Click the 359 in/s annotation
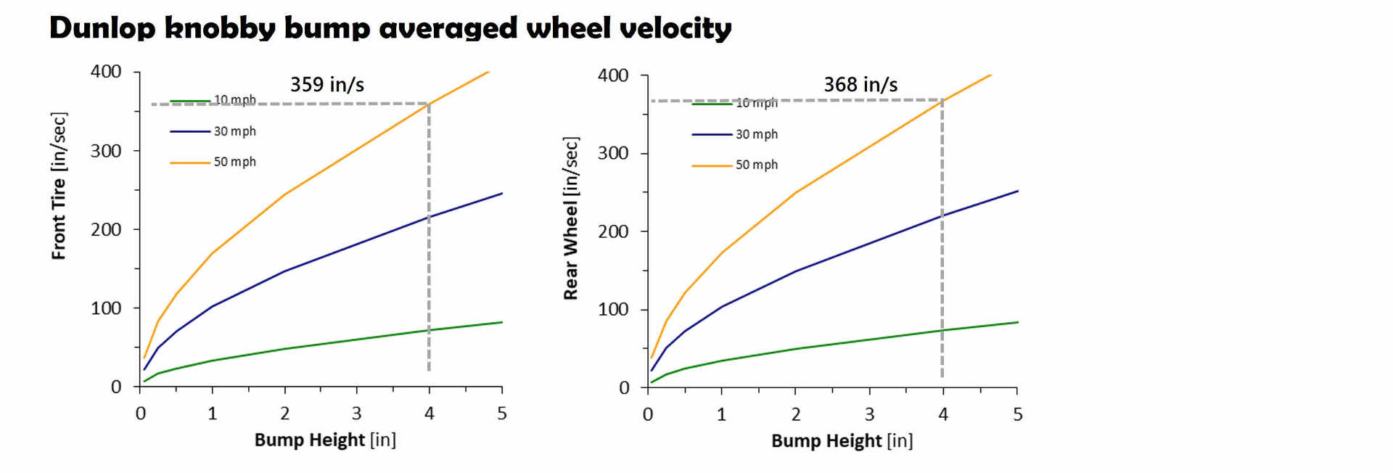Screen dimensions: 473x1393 327,85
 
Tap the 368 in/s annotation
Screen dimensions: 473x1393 860,85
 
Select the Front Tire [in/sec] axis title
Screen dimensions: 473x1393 59,186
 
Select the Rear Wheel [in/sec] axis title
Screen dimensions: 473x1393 572,218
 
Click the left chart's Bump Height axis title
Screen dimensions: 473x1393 325,440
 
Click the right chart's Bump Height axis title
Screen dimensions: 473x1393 842,440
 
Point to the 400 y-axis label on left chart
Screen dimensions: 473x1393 106,71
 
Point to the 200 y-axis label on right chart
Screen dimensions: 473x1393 613,231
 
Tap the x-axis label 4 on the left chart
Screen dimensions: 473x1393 430,414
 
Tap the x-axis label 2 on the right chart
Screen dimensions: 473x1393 796,414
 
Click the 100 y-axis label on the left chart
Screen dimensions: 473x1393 106,308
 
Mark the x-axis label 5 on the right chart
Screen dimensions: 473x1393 1018,414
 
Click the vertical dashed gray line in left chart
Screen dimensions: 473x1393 429,239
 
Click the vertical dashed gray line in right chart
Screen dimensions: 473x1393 942,239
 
